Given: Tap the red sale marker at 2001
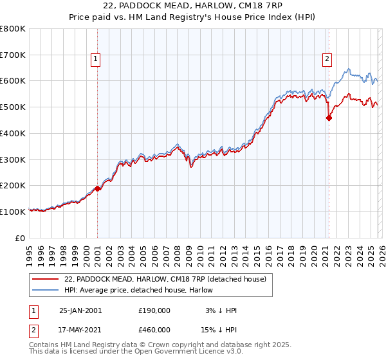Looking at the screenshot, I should (98, 188).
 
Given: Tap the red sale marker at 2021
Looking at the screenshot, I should (329, 118).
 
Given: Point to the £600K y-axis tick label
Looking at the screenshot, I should (12, 81).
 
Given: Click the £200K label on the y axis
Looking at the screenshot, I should (12, 185).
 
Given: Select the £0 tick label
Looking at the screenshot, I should (21, 238).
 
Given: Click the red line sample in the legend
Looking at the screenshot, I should (46, 278).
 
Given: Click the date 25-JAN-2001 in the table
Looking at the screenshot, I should (80, 310).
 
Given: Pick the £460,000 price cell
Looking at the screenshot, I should (154, 330).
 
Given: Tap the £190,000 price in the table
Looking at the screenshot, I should (154, 310).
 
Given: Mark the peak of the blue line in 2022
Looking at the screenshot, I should (348, 68).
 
